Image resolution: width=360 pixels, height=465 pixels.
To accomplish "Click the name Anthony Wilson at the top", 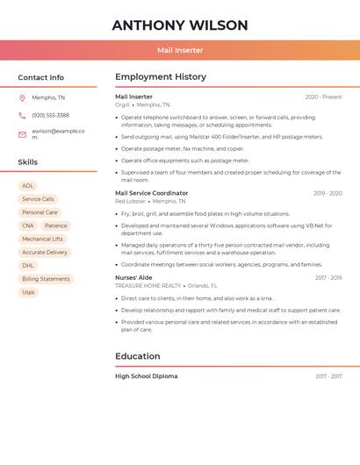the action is pyautogui.click(x=180, y=25).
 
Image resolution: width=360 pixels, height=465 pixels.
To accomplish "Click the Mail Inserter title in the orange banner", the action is pyautogui.click(x=180, y=50).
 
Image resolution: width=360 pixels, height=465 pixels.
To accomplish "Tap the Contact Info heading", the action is pyautogui.click(x=41, y=77).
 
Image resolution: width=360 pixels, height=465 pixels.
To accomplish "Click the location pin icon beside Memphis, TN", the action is pyautogui.click(x=22, y=97).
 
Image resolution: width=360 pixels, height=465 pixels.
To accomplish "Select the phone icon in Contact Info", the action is pyautogui.click(x=22, y=115).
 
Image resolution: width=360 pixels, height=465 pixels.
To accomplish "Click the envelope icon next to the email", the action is pyautogui.click(x=22, y=134).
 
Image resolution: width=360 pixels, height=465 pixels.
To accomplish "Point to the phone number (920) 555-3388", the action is pyautogui.click(x=50, y=115).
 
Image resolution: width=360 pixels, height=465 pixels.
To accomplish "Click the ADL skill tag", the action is pyautogui.click(x=28, y=186).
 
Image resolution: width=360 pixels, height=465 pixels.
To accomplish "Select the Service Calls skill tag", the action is pyautogui.click(x=38, y=199).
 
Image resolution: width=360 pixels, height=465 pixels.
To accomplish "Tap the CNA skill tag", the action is pyautogui.click(x=28, y=225).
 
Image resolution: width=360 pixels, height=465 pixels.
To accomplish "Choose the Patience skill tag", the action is pyautogui.click(x=55, y=225).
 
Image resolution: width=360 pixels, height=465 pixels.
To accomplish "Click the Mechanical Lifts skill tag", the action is pyautogui.click(x=42, y=239).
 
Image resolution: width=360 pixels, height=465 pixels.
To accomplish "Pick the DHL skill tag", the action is pyautogui.click(x=28, y=265).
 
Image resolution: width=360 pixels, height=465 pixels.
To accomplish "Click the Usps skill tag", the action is pyautogui.click(x=29, y=292).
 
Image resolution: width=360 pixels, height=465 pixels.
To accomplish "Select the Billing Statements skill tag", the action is pyautogui.click(x=46, y=279).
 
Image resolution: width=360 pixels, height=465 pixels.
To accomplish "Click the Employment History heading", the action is pyautogui.click(x=161, y=77).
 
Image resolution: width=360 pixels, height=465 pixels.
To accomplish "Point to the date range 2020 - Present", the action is pyautogui.click(x=323, y=97).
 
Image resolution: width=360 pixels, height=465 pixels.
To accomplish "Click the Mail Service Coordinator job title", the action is pyautogui.click(x=151, y=193).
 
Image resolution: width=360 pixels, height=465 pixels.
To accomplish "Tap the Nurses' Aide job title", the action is pyautogui.click(x=133, y=277).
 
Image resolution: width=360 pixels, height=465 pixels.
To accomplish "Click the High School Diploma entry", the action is pyautogui.click(x=146, y=376).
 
